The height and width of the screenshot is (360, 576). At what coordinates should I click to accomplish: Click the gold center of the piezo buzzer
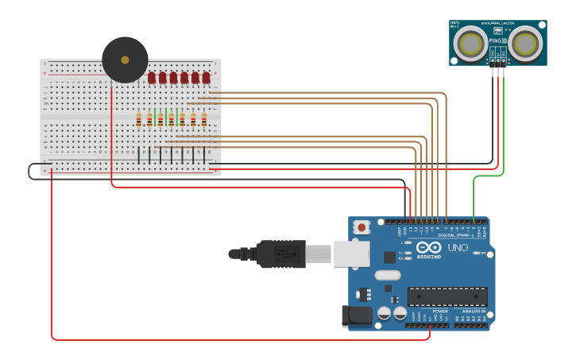click(125, 60)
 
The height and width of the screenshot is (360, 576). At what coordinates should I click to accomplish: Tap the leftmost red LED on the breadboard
click(152, 77)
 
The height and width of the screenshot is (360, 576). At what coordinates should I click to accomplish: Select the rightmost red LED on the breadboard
click(206, 77)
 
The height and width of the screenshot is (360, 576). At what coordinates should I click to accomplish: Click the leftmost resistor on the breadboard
click(139, 119)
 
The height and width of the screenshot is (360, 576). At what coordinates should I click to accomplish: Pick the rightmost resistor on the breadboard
click(204, 119)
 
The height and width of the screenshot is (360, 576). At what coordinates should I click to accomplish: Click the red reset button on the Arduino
click(362, 227)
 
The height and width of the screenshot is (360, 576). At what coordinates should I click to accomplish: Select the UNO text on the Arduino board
click(458, 248)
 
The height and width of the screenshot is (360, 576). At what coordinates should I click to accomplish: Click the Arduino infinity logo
click(428, 247)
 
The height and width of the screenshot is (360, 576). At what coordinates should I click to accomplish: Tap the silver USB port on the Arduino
click(350, 254)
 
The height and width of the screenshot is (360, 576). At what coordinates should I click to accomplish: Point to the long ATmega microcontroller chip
click(447, 296)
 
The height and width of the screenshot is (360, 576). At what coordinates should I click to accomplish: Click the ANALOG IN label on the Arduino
click(474, 311)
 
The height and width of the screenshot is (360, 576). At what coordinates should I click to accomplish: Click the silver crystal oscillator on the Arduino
click(388, 275)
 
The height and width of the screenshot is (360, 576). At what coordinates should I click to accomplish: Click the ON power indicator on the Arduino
click(482, 254)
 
